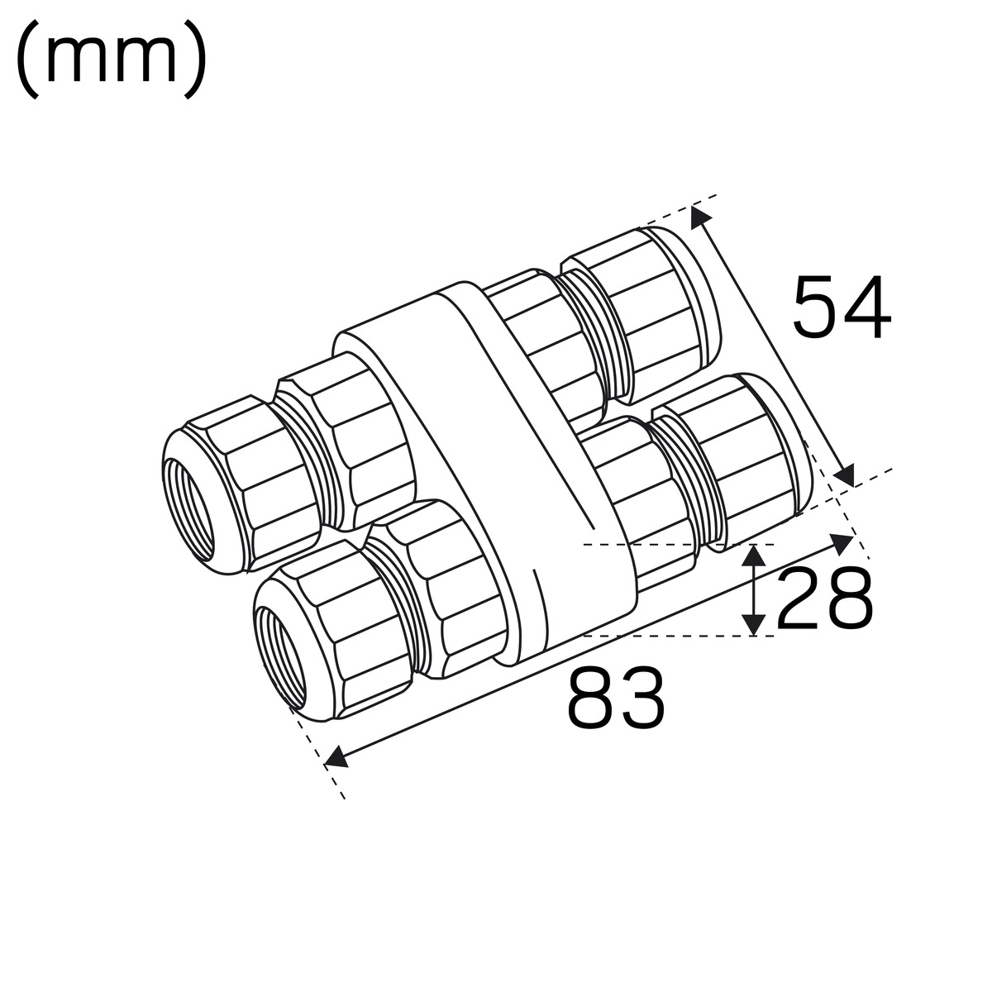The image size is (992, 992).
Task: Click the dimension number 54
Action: point(842,307)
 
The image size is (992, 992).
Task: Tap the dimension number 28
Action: point(824,598)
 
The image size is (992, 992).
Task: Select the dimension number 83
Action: point(616,697)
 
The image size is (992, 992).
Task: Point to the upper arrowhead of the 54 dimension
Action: point(699,217)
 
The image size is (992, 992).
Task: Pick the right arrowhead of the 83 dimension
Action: point(842,544)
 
